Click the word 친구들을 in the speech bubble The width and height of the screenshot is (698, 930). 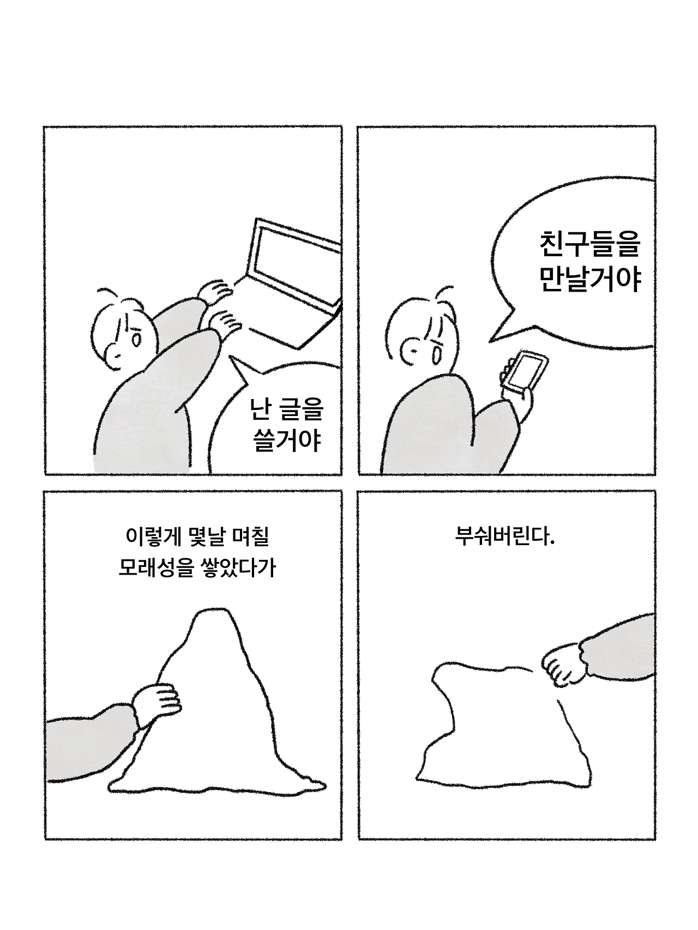589,245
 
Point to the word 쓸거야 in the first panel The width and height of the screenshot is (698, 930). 287,440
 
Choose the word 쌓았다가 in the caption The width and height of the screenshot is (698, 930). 238,568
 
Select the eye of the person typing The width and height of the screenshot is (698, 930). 137,340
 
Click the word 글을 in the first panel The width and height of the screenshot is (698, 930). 300,409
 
